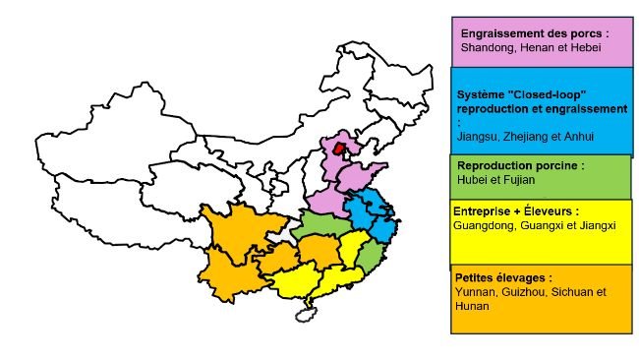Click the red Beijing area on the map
[340, 150]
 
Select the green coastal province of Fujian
[370, 259]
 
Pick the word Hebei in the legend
[576, 47]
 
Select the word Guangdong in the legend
[484, 225]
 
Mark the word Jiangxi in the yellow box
[596, 225]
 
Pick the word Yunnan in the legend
[476, 292]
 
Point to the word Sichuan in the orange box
[574, 292]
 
